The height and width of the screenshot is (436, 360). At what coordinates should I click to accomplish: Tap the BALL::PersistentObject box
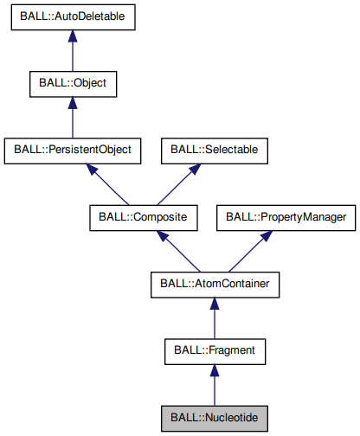[x=73, y=150]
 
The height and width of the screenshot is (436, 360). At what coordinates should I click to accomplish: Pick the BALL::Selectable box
[x=213, y=150]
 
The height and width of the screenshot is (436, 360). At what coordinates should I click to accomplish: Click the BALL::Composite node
[x=143, y=216]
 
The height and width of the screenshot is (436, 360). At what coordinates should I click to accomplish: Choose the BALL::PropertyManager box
[x=286, y=216]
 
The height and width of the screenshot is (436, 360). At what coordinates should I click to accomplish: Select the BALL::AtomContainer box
[x=214, y=283]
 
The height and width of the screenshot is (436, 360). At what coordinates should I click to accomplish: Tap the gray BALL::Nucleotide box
[x=214, y=417]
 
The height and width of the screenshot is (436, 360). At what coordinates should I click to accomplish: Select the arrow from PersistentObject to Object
[x=73, y=117]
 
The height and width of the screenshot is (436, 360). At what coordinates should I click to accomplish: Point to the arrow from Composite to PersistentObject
[x=108, y=183]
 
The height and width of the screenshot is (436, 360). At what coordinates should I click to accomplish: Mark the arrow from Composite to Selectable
[x=177, y=183]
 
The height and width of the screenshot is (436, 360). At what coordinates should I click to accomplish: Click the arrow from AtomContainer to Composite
[x=178, y=250]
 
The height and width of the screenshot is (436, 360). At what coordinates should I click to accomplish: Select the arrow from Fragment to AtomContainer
[x=214, y=317]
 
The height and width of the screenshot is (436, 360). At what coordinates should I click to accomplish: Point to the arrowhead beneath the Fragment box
[x=214, y=369]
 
